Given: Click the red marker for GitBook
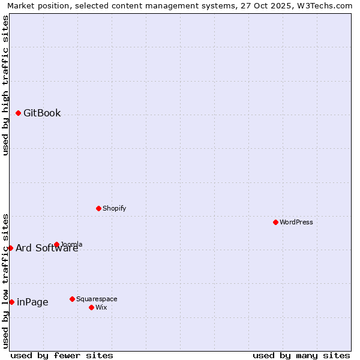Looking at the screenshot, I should coord(18,113).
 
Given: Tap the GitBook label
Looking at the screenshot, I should coord(42,113).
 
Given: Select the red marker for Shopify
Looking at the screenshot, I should coord(98,208).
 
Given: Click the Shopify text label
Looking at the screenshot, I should coord(114,209).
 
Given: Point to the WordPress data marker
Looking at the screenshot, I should coord(275,222).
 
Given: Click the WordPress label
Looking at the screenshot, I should coord(296,223).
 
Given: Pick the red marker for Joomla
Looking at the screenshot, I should coord(56,244).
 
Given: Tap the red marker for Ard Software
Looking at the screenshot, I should coord(10,248).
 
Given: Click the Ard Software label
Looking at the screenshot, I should coord(47,248).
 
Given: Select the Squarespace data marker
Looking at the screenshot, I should coord(72,299).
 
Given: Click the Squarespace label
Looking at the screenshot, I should coord(97,299).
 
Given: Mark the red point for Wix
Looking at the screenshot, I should coord(91,307).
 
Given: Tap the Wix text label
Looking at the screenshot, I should coord(101,308).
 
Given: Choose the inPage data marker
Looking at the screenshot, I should coord(11,302).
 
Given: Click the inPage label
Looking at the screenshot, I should coord(32,302).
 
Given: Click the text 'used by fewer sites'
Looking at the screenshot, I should coord(62,355).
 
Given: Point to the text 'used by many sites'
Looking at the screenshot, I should coord(301,355).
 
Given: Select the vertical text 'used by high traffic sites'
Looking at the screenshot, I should coord(5,85).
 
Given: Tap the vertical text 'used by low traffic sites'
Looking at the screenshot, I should coord(5,281).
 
